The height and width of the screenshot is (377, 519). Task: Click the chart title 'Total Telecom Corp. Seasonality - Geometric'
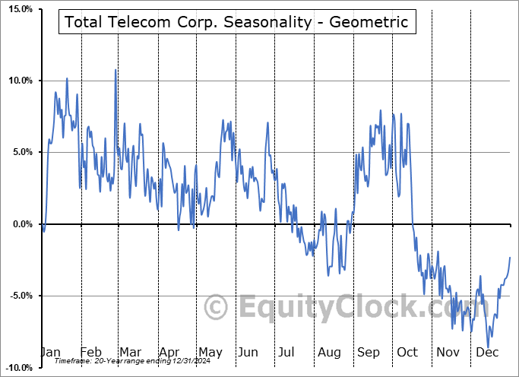click(x=236, y=22)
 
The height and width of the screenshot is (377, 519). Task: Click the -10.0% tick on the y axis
click(x=17, y=367)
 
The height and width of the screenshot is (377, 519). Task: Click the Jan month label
click(x=50, y=353)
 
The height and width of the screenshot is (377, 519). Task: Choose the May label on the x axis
click(x=210, y=353)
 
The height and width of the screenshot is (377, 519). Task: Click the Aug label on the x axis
click(x=330, y=353)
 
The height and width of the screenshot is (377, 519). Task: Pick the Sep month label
click(x=369, y=353)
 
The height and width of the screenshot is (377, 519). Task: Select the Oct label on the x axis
click(x=408, y=353)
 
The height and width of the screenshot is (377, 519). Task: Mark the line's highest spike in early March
click(x=116, y=70)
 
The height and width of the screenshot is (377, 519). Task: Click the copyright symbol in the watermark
click(x=217, y=308)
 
